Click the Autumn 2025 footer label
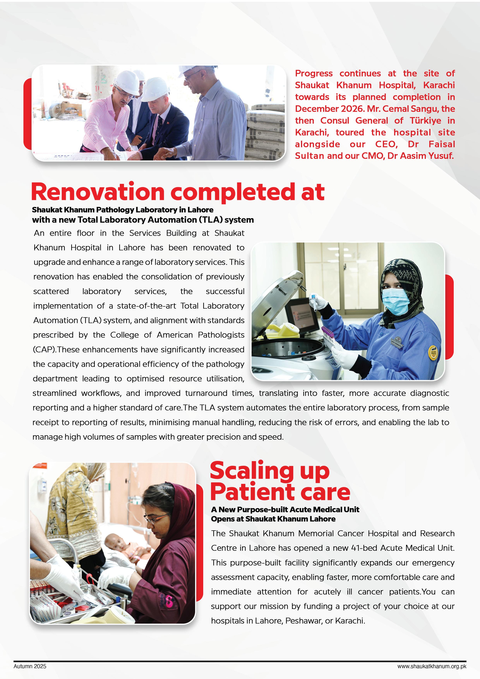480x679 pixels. tap(30, 666)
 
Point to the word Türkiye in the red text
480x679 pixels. tap(425, 121)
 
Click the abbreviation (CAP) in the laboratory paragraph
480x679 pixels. tap(44, 350)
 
